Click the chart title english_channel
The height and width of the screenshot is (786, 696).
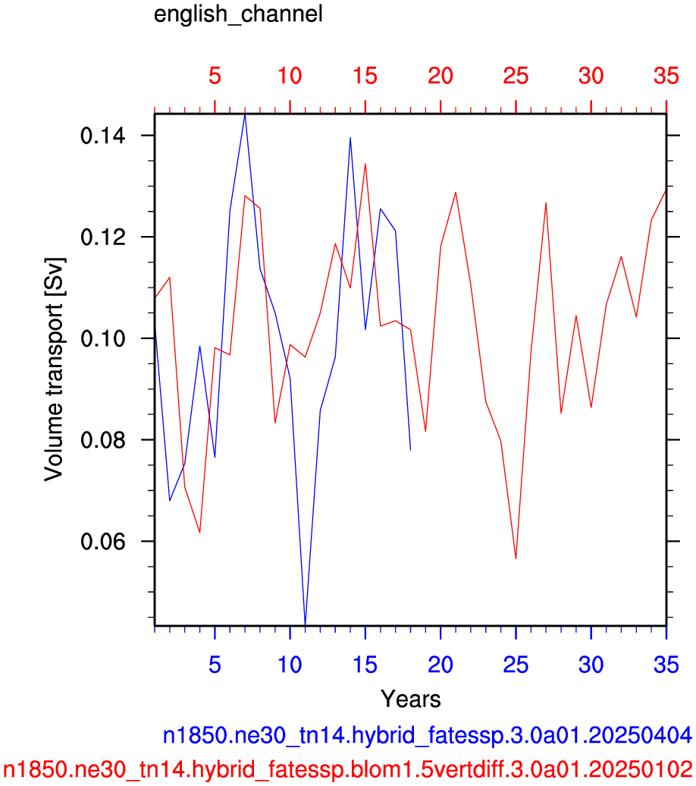[x=238, y=14]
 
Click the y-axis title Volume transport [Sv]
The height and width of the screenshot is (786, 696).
[x=54, y=369]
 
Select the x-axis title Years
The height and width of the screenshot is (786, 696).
[x=410, y=699]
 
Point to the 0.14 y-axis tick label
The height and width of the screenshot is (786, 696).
[x=102, y=135]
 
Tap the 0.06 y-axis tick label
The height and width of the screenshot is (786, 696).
[x=102, y=542]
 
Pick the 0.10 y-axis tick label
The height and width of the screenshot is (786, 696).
[x=102, y=338]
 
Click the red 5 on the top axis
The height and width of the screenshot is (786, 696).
[x=215, y=76]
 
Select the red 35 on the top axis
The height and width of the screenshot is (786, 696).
[x=666, y=76]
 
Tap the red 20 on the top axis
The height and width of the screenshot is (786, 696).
[x=440, y=76]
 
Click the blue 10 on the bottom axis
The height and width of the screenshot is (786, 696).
[x=290, y=665]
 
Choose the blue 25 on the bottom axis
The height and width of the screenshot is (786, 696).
[x=516, y=665]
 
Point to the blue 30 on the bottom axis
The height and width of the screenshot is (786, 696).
[x=591, y=665]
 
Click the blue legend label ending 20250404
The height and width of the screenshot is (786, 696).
[x=428, y=736]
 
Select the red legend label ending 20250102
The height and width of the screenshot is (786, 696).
[x=348, y=769]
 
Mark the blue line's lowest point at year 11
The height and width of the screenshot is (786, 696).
[x=305, y=624]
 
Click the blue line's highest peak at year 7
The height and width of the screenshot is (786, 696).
[x=245, y=115]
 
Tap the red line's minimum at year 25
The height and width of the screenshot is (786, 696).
[x=516, y=558]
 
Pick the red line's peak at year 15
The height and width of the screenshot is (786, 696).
[x=365, y=164]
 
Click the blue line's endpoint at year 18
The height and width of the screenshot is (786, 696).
[x=410, y=450]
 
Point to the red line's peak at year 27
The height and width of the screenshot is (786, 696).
[x=546, y=203]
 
